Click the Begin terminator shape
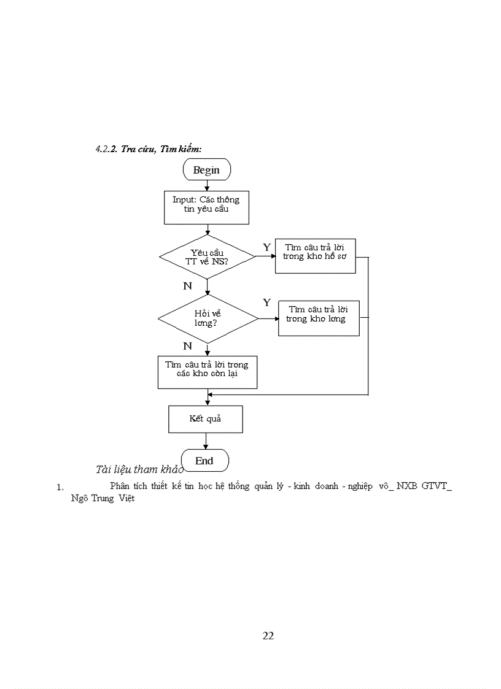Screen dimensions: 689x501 [206, 170]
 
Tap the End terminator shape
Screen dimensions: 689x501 [204, 460]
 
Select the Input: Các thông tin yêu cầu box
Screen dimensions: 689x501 [206, 207]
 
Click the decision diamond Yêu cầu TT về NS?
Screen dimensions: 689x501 [207, 256]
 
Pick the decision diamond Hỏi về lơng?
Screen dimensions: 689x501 [207, 318]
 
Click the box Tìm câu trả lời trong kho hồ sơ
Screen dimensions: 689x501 [315, 255]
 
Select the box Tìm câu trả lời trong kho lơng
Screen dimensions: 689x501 [318, 318]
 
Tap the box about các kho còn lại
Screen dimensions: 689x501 [207, 372]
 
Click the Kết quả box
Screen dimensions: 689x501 [205, 419]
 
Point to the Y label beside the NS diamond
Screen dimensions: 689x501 [266, 246]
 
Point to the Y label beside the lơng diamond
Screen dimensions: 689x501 [266, 302]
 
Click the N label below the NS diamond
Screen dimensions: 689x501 [187, 286]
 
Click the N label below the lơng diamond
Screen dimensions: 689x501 [187, 346]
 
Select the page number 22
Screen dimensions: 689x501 [268, 636]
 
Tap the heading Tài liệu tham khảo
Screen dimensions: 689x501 [139, 469]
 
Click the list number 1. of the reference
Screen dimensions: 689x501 [60, 488]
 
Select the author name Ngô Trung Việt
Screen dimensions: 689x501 [103, 498]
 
